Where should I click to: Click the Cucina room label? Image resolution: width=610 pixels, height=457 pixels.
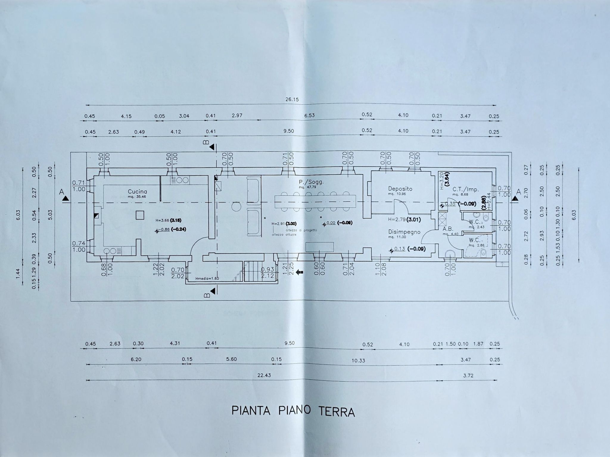coord(137,192)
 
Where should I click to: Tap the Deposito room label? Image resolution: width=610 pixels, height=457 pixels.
coord(400,189)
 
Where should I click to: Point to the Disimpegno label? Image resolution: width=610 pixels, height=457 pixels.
coord(404,232)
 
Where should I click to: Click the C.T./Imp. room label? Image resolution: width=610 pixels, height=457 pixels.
coord(466,190)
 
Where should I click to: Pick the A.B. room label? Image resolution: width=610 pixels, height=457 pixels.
coord(448,229)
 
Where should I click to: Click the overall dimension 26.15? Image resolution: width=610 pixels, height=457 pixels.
coord(292,99)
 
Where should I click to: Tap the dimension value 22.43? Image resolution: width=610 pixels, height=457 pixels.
coord(264,375)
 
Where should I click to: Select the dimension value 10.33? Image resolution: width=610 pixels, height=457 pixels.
coord(358,360)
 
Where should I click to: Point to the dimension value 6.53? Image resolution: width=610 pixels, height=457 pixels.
coord(309,115)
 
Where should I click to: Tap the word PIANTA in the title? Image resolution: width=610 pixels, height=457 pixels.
coord(251,411)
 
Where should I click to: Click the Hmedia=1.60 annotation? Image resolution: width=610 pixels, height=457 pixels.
coord(207,279)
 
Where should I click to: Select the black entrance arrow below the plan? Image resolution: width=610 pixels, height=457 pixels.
coord(300,272)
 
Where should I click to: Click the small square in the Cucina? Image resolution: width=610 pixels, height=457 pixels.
coord(140,215)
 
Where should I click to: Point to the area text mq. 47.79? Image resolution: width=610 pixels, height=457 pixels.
coord(307,187)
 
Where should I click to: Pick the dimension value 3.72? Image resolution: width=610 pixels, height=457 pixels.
coord(468,375)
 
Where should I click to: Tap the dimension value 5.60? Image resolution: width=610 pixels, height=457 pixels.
coord(231,359)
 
